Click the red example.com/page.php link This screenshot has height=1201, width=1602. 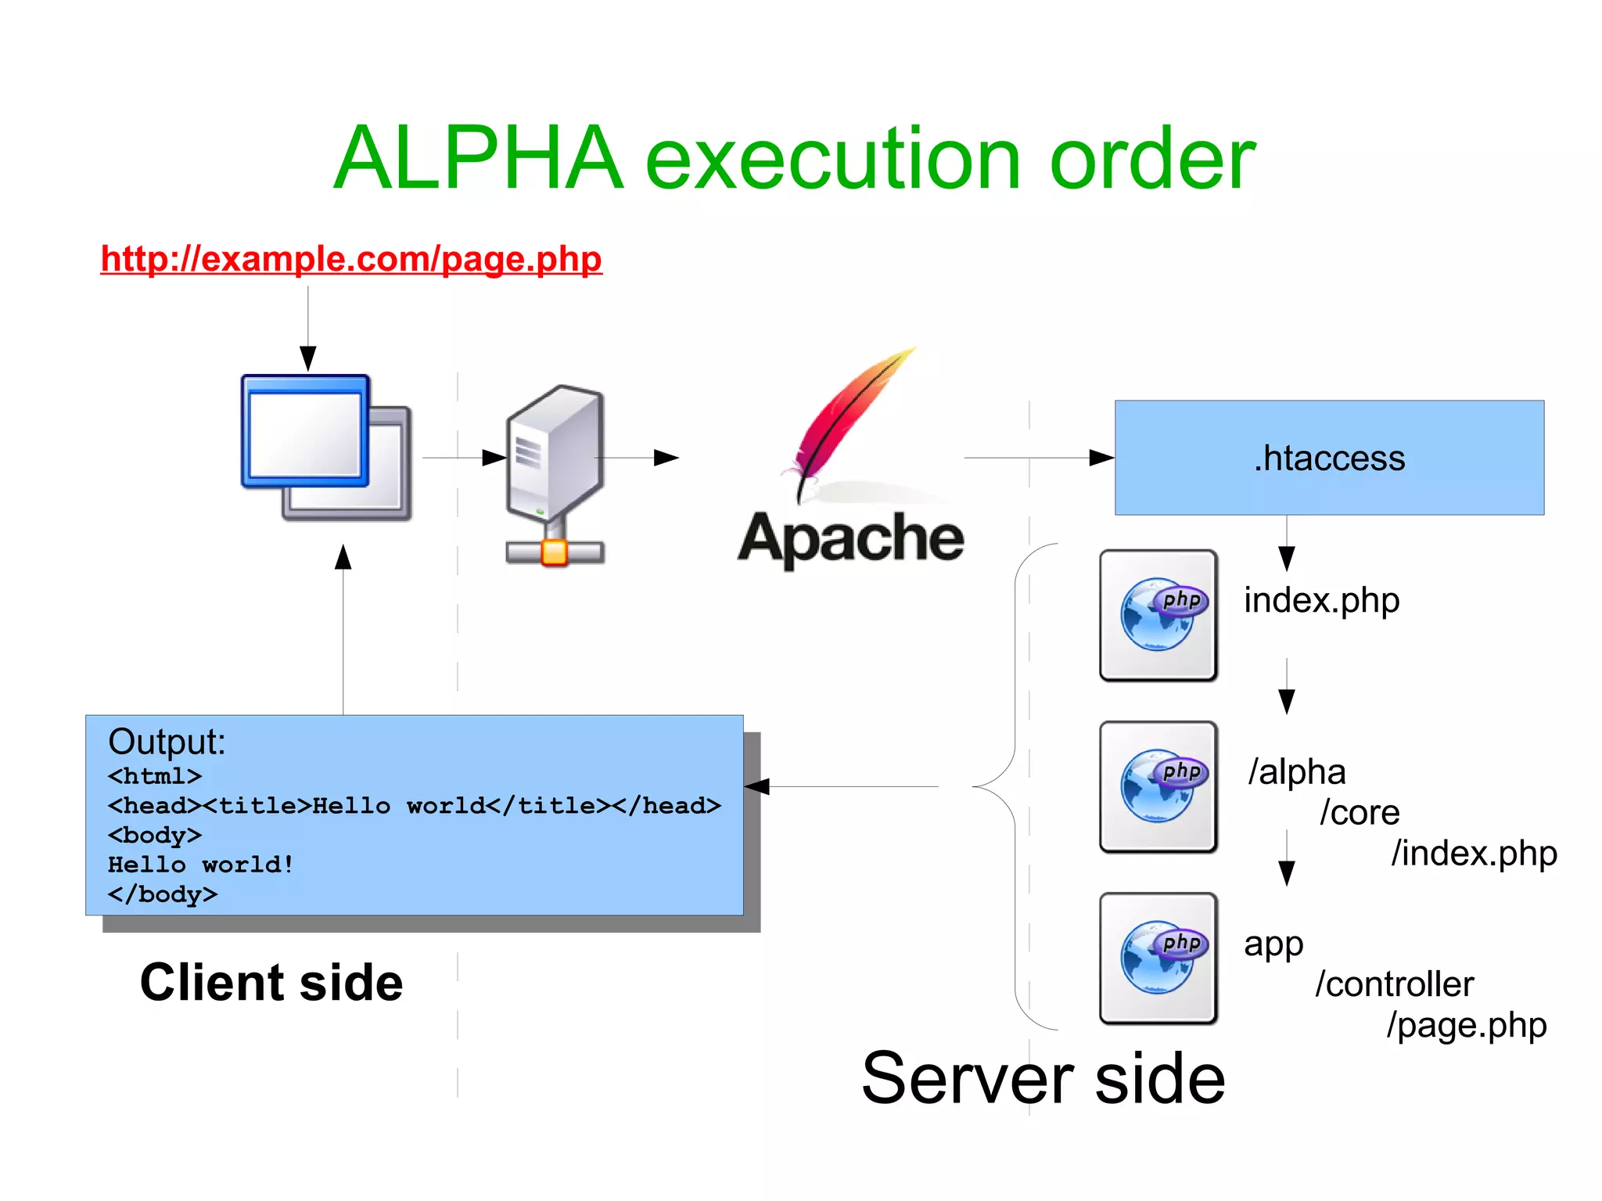coord(351,259)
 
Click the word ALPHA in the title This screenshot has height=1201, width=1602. coord(478,159)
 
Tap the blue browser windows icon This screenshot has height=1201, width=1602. coord(325,446)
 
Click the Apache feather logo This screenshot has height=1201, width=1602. coord(849,423)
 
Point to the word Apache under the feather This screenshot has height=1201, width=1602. coord(850,538)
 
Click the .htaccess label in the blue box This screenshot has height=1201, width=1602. coord(1329,458)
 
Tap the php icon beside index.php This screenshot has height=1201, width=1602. coord(1158,615)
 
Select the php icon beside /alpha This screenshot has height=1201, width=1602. coord(1158,786)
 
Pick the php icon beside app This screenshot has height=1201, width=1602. coord(1158,958)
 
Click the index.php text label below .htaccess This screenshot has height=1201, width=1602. coord(1321,601)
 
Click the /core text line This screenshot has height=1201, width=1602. coord(1360,813)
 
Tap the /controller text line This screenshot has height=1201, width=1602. coord(1395,984)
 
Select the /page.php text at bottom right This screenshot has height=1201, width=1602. coord(1467,1025)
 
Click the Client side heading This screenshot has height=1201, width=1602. coord(271,983)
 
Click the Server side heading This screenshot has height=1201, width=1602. coord(1043,1079)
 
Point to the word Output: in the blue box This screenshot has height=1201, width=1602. coord(167,742)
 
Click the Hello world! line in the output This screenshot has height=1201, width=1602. coord(201,865)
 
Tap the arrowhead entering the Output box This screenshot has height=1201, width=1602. coord(757,786)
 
